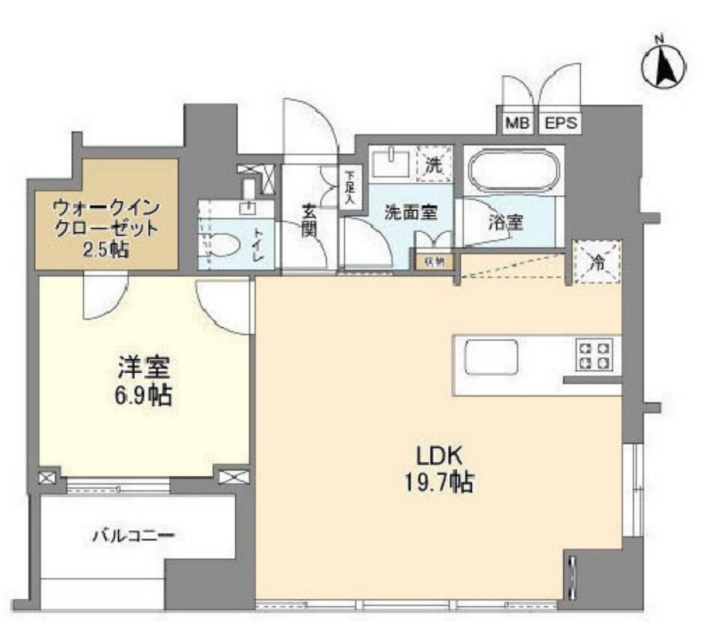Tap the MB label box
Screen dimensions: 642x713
(x=517, y=123)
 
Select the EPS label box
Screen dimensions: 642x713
(x=561, y=123)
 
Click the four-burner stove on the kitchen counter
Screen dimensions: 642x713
(x=595, y=356)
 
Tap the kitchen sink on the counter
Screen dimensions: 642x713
(x=491, y=357)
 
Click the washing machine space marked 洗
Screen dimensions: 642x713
(x=434, y=165)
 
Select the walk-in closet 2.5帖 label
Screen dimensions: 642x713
(x=106, y=228)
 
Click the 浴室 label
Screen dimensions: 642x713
(x=506, y=222)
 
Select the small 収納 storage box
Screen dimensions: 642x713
(x=434, y=261)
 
